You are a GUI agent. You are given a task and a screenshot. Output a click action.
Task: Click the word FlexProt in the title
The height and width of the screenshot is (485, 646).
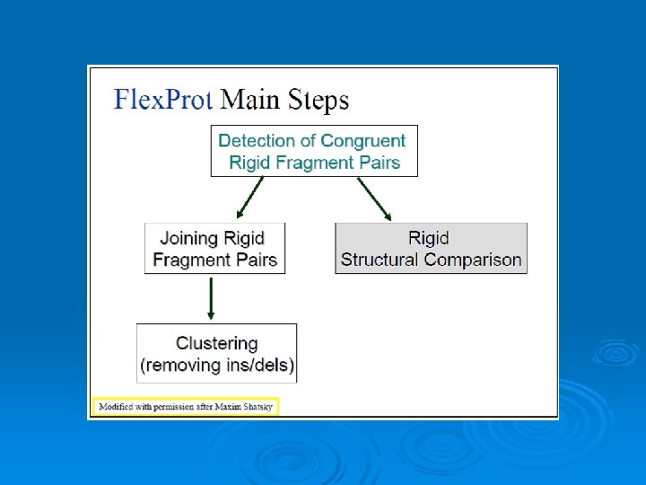162,99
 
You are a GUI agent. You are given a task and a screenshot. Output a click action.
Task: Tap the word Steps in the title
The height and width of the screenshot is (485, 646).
318,100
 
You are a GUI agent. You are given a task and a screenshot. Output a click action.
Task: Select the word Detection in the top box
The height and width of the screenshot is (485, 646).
257,141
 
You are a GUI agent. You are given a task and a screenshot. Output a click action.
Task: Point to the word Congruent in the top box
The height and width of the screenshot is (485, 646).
363,141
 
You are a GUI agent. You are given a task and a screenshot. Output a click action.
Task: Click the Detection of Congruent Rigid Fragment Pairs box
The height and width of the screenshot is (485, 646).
314,152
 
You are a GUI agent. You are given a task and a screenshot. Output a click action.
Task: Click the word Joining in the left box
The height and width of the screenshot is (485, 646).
189,238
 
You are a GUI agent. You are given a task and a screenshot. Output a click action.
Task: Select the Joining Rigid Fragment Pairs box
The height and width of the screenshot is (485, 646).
214,249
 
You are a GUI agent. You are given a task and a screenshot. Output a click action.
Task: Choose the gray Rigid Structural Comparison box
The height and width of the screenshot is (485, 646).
431,249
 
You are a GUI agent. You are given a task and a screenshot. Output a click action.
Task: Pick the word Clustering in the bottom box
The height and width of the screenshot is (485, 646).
216,343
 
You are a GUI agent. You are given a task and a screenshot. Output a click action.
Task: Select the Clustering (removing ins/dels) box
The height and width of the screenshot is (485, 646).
216,354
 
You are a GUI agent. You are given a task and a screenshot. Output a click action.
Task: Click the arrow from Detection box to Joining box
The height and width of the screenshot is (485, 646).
249,198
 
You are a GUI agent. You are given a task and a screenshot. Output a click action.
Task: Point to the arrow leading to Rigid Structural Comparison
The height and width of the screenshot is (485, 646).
375,198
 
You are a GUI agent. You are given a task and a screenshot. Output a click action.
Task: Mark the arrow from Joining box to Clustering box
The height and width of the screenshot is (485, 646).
211,298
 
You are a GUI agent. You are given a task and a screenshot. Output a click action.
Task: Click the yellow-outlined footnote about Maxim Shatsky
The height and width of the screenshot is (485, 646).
185,407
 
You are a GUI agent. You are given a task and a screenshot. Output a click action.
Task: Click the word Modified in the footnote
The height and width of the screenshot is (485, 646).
116,407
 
